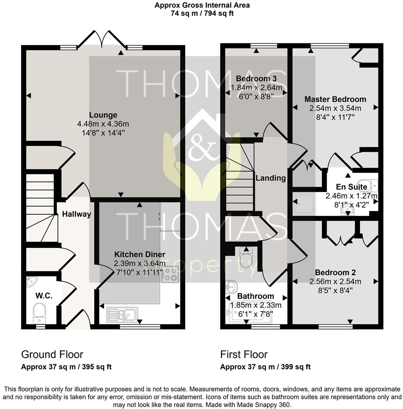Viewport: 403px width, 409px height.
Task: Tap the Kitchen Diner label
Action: [x=140, y=254]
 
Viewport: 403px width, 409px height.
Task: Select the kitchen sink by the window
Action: [x=123, y=314]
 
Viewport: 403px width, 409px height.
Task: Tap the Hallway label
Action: [x=76, y=214]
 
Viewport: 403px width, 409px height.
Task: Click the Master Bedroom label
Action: [x=335, y=99]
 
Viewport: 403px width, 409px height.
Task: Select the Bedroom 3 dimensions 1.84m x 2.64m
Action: [x=256, y=87]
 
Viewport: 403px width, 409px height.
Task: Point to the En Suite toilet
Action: [x=369, y=185]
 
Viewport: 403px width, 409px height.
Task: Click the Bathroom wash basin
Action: [x=232, y=286]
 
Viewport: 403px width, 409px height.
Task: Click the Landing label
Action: [x=271, y=178]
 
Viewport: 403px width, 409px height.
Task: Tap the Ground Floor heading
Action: [x=52, y=355]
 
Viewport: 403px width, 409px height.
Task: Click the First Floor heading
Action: [x=244, y=355]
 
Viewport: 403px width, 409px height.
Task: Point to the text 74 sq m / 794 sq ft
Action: [x=201, y=13]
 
